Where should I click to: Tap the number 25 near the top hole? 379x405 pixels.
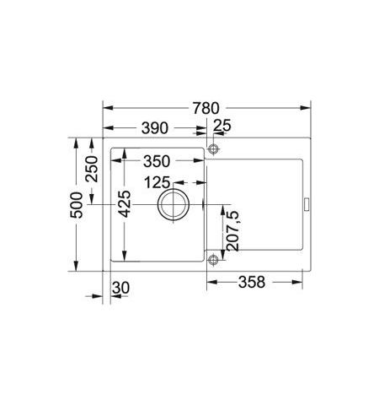(x=223, y=128)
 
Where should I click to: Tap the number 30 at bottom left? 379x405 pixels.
(x=120, y=289)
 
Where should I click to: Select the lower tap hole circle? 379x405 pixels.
(x=213, y=260)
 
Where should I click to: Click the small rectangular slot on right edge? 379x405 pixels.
(x=307, y=204)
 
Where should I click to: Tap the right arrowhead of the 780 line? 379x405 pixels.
(x=308, y=108)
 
